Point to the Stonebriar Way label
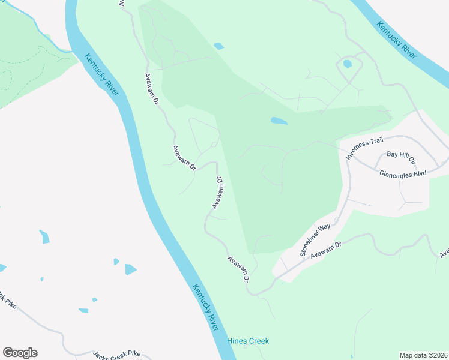click(316, 240)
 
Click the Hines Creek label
click(248, 341)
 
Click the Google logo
click(20, 353)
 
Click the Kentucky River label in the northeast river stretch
click(397, 40)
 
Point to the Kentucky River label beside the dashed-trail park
click(101, 77)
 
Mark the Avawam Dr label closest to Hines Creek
click(238, 269)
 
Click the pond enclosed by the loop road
click(348, 64)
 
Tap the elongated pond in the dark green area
click(279, 121)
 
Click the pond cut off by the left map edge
click(2, 268)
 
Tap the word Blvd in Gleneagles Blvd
click(418, 173)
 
